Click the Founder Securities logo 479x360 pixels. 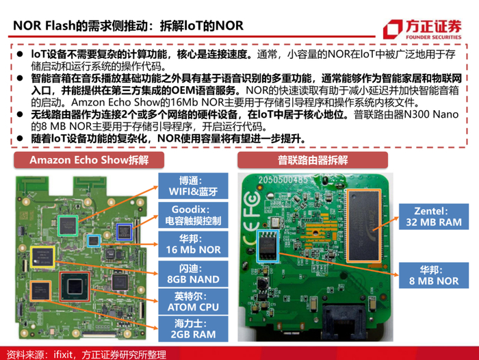tap(422, 29)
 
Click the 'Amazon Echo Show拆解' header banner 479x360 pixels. tap(89, 160)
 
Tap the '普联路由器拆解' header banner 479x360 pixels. tap(313, 160)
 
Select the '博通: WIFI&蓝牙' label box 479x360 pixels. tap(193, 185)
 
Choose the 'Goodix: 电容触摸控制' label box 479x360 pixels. tap(193, 215)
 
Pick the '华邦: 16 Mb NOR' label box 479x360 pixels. tap(193, 244)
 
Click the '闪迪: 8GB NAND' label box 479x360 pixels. tap(193, 274)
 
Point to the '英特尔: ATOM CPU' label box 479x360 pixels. tap(193, 302)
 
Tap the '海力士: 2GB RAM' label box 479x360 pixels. tap(193, 329)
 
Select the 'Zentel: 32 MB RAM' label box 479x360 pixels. tap(434, 217)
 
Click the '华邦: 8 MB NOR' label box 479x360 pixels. tap(434, 275)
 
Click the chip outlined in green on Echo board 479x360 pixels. tap(68, 226)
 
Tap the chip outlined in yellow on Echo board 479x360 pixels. tap(42, 257)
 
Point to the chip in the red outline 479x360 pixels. tap(75, 287)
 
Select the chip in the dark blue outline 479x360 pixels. tap(125, 231)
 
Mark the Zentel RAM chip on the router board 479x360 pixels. tap(364, 226)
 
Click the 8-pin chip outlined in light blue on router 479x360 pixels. tap(268, 246)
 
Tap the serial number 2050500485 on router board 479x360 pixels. tap(283, 180)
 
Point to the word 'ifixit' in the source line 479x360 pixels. tap(63, 355)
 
